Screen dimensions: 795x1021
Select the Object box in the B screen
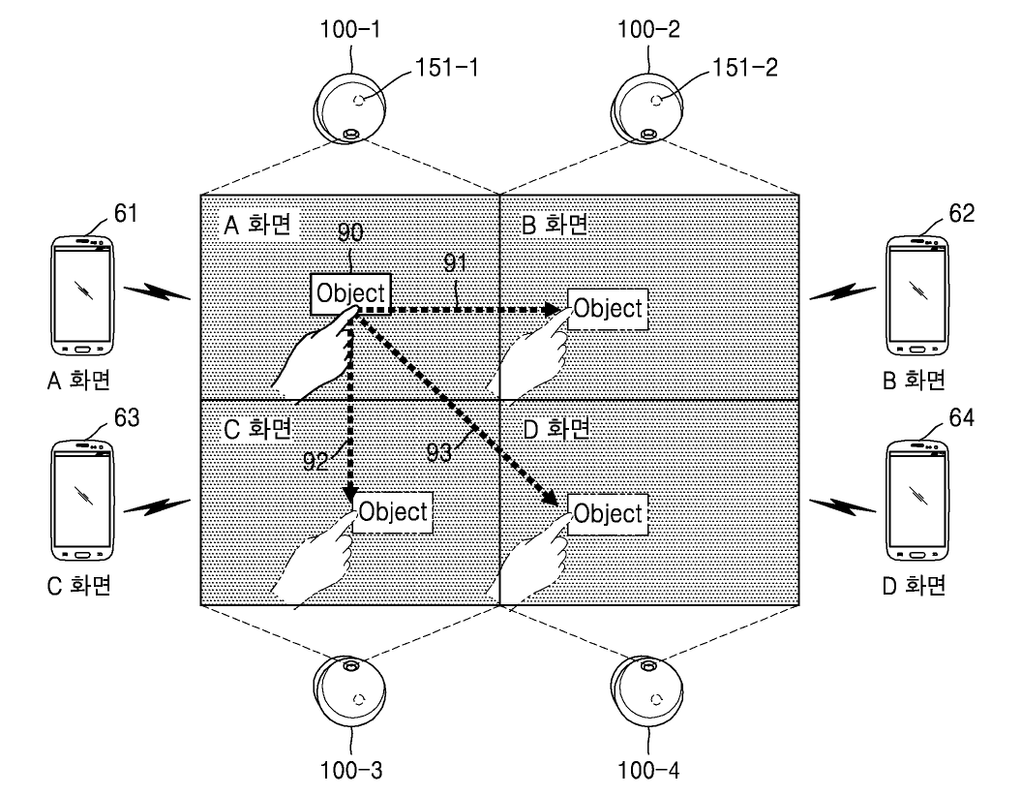tap(607, 310)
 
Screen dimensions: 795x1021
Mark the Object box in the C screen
tap(392, 512)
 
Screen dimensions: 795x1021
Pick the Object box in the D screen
tap(607, 512)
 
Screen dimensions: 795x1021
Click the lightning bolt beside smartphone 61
tap(159, 292)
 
